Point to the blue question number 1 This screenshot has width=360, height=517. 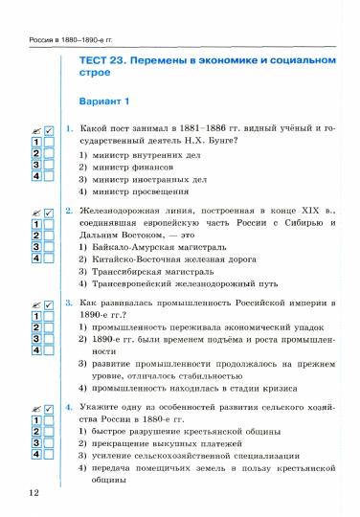tap(70, 128)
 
